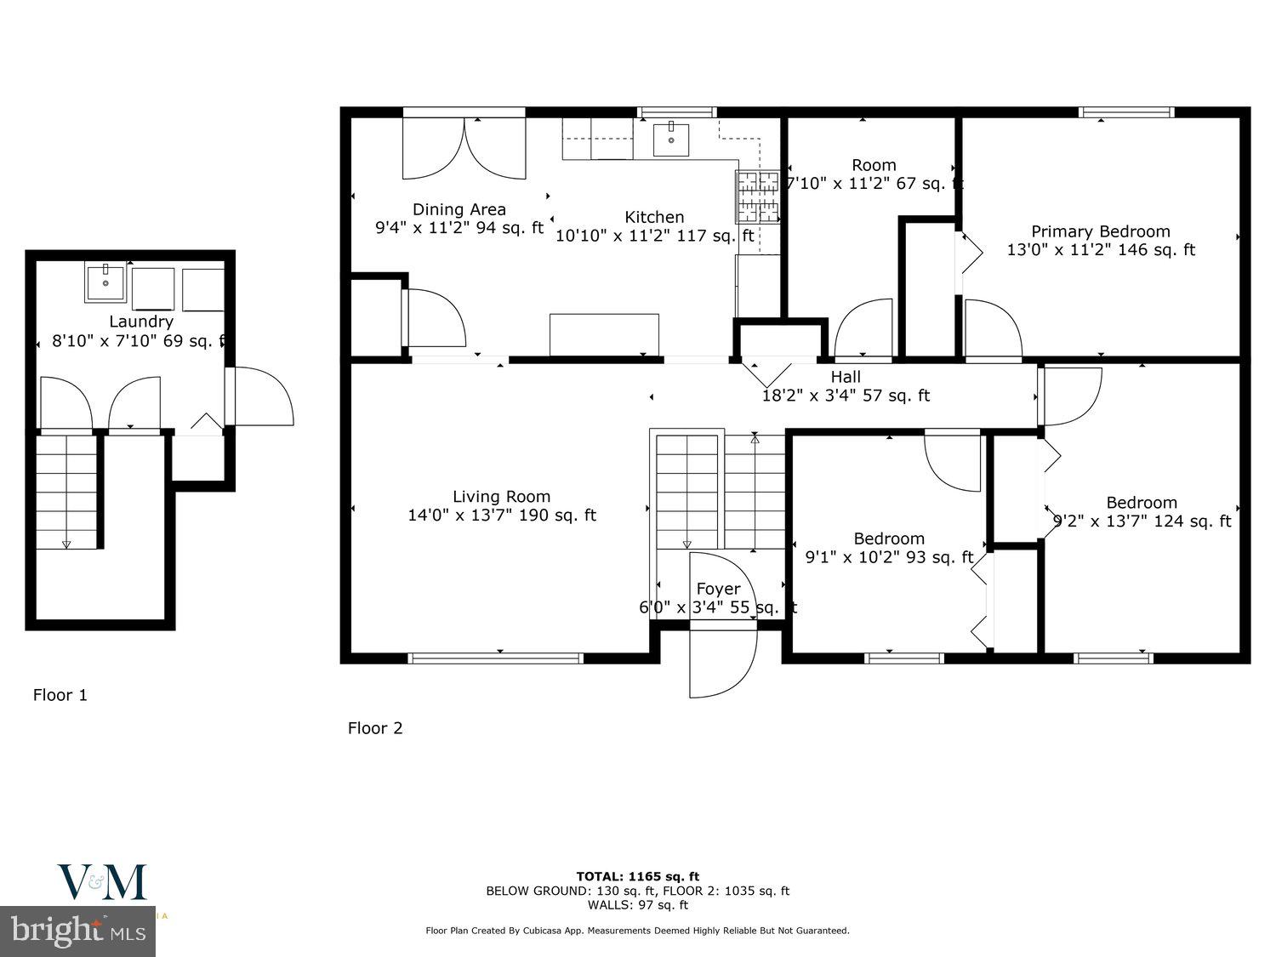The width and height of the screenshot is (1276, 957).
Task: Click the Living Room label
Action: tap(501, 497)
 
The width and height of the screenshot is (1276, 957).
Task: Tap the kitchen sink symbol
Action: tap(671, 140)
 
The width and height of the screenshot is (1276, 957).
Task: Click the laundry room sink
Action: tap(105, 282)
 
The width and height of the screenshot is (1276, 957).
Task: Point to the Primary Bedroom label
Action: tap(1100, 231)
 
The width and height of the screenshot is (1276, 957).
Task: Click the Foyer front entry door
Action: tap(721, 659)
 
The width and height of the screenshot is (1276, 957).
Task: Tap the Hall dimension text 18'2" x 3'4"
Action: tap(845, 396)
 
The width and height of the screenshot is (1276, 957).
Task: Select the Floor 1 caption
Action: tap(60, 695)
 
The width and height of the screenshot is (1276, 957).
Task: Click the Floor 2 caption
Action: tap(374, 728)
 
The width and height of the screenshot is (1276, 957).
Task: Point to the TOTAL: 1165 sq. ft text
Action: tap(637, 876)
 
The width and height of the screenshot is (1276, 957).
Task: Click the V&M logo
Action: tap(101, 883)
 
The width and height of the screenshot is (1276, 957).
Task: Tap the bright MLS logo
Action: tap(77, 931)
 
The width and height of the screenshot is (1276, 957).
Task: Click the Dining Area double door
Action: tap(464, 149)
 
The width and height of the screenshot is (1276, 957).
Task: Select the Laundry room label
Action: tap(141, 322)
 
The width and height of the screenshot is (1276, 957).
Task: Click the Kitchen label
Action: tap(654, 217)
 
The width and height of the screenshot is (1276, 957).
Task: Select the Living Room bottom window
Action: tap(496, 658)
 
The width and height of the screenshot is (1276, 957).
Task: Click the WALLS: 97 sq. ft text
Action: tap(637, 905)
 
